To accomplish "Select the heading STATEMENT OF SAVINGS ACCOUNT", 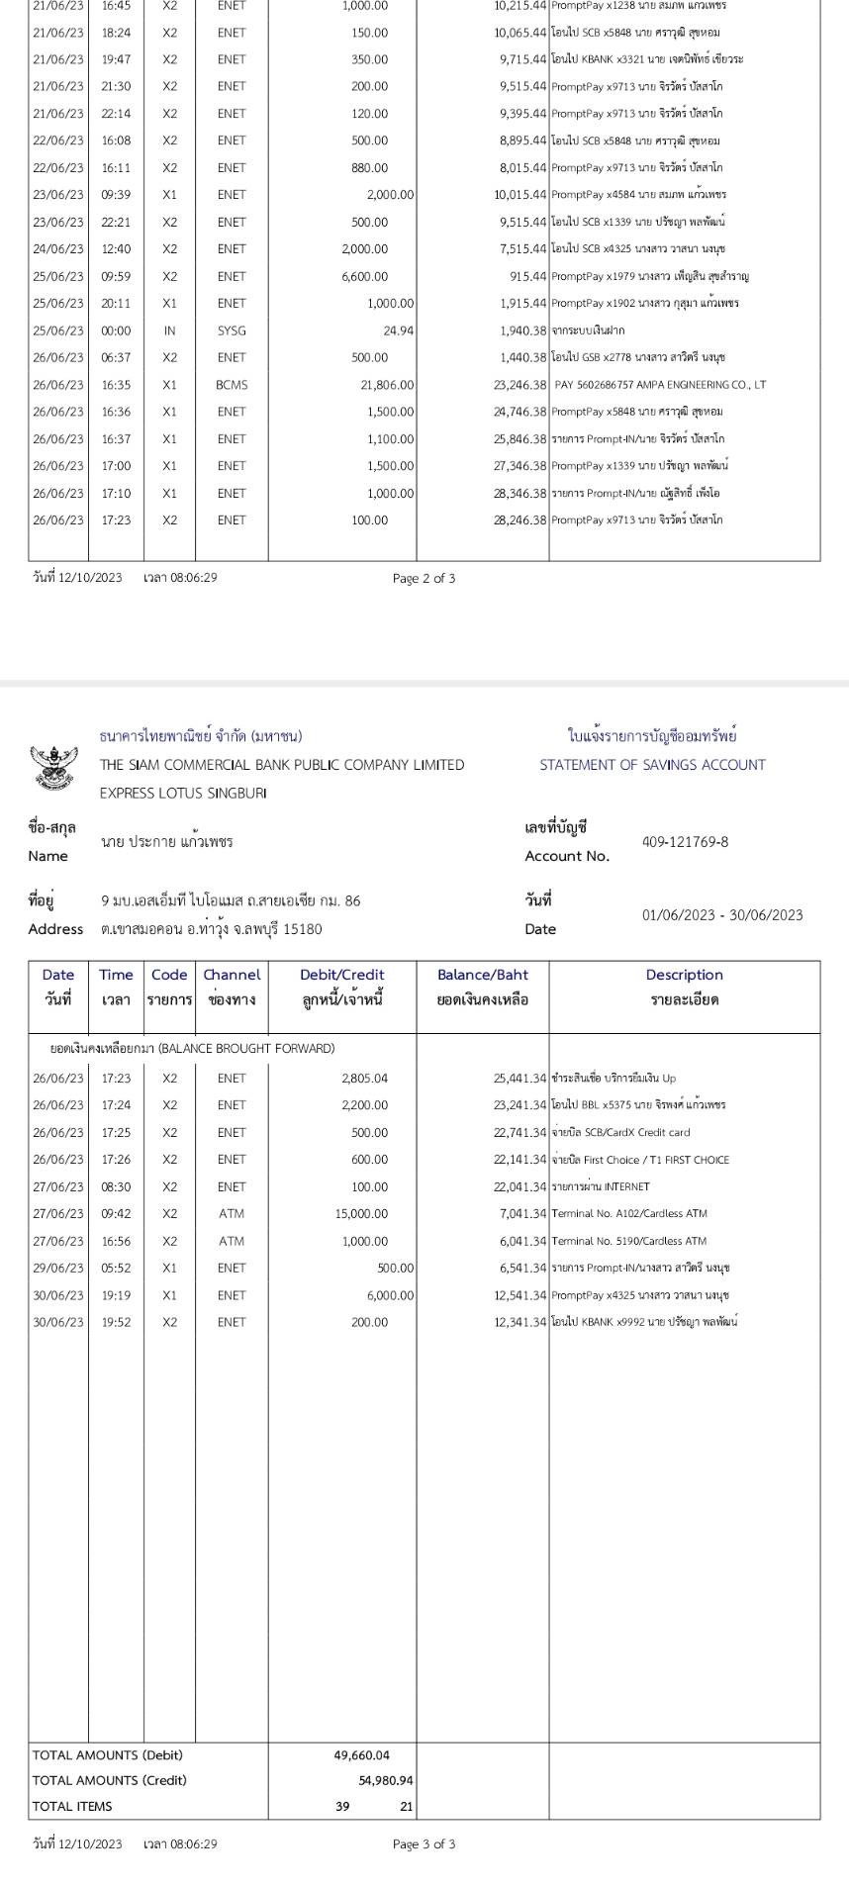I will click(652, 765).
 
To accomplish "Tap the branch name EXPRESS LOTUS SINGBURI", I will click(183, 793).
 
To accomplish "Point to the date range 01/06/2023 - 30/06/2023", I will click(722, 914).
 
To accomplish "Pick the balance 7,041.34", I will click(519, 1214).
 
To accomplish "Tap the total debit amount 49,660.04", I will click(362, 1755).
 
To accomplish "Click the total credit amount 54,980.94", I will click(386, 1780).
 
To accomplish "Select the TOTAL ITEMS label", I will click(72, 1806).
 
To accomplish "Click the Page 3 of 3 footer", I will click(424, 1843).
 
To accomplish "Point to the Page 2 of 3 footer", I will click(424, 578).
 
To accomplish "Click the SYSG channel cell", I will click(232, 330).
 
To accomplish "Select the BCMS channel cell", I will click(232, 385).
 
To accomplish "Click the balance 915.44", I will click(527, 277).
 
